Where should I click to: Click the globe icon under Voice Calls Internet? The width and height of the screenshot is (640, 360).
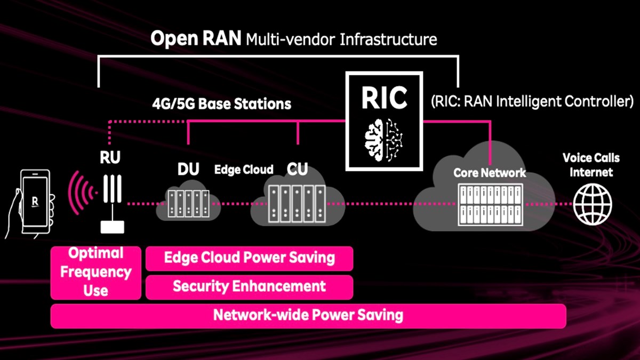[x=593, y=204]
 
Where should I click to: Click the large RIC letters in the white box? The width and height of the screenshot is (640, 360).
[x=385, y=98]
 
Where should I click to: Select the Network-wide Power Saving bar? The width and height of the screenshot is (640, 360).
[x=308, y=316]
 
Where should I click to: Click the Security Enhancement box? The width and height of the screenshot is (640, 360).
[x=249, y=287]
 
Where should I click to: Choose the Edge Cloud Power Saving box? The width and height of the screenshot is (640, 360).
[x=249, y=258]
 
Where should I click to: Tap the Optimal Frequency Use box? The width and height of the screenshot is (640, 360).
[x=95, y=273]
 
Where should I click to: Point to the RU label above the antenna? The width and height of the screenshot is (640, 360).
[x=110, y=157]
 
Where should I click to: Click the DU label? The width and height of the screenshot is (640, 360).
[x=188, y=169]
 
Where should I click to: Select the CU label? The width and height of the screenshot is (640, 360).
[x=298, y=169]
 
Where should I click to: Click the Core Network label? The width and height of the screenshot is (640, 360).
[x=490, y=173]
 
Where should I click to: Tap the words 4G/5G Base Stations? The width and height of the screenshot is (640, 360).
[x=222, y=103]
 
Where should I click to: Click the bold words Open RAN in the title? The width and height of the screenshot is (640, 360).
[x=196, y=38]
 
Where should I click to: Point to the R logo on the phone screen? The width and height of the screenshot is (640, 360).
[x=35, y=202]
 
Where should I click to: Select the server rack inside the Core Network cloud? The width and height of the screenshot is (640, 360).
[x=490, y=205]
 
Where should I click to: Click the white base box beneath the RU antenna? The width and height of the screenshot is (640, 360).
[x=113, y=227]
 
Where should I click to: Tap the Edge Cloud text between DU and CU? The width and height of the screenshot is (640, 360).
[x=244, y=170]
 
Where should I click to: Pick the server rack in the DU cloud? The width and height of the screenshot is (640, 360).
[x=189, y=203]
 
